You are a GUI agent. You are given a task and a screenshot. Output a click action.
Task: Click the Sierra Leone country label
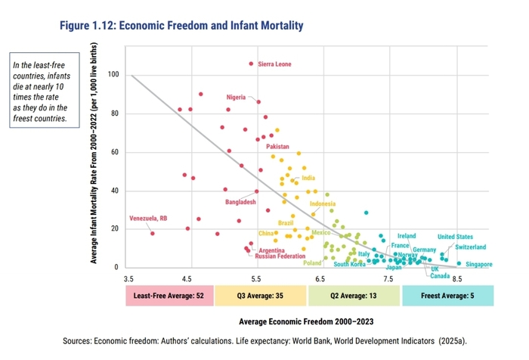(x=274, y=64)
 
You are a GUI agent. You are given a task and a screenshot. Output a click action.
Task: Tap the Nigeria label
(x=237, y=97)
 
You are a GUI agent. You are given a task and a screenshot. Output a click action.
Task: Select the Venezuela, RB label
(x=148, y=219)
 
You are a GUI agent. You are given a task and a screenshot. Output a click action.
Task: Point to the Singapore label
(x=478, y=264)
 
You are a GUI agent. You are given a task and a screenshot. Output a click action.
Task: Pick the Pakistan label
(x=277, y=146)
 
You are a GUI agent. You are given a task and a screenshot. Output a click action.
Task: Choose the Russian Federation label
(x=280, y=256)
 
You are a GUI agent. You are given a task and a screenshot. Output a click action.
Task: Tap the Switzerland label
(x=470, y=247)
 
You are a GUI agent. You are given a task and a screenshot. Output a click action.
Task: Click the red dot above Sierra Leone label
(x=251, y=64)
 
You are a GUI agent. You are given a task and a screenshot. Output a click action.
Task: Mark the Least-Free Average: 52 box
(x=170, y=295)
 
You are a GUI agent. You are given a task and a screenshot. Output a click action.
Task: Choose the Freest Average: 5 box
(x=447, y=295)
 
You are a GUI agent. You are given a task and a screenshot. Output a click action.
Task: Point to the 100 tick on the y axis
(x=113, y=75)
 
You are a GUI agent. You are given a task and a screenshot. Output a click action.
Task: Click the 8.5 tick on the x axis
(x=456, y=278)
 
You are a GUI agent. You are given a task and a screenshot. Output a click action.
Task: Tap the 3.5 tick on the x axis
(x=130, y=278)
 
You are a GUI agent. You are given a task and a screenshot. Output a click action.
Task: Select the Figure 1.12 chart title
(x=181, y=26)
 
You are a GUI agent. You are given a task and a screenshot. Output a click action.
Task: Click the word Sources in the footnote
(x=81, y=341)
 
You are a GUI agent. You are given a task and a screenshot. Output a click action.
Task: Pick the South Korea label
(x=350, y=264)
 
